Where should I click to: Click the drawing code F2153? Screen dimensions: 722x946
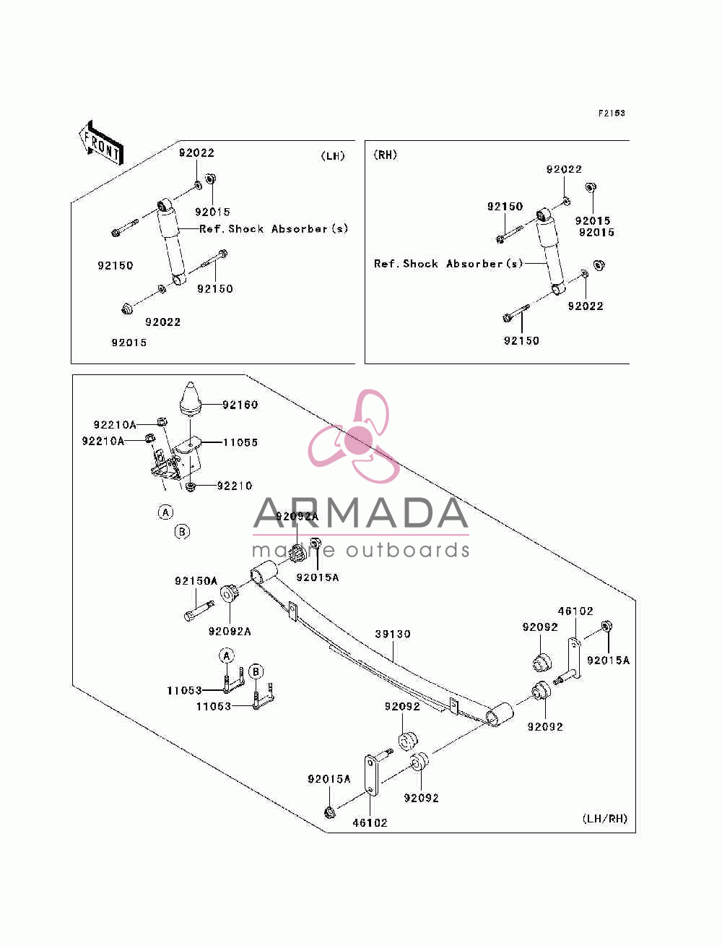[x=611, y=113]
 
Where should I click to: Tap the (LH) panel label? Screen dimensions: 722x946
[x=333, y=156]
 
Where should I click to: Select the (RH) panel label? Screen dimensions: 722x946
[x=385, y=155]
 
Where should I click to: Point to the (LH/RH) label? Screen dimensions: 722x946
[x=605, y=818]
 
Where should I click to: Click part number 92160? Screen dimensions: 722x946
[x=240, y=404]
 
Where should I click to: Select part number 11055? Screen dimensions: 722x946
[x=240, y=442]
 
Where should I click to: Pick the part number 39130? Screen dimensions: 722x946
[x=393, y=634]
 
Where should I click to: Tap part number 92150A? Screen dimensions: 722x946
[x=196, y=581]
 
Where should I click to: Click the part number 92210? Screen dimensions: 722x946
[x=234, y=486]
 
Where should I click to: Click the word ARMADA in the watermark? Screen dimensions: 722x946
[x=361, y=512]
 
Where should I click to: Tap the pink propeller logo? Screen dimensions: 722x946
[x=355, y=436]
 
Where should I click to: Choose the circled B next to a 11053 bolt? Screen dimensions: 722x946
[x=256, y=671]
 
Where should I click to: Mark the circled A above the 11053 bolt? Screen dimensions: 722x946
[x=227, y=656]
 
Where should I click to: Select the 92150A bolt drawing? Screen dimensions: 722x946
[x=199, y=611]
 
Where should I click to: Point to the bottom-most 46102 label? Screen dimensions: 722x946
[x=370, y=822]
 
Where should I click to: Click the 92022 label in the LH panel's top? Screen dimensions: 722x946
[x=197, y=153]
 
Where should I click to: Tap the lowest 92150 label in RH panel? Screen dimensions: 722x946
[x=521, y=340]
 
